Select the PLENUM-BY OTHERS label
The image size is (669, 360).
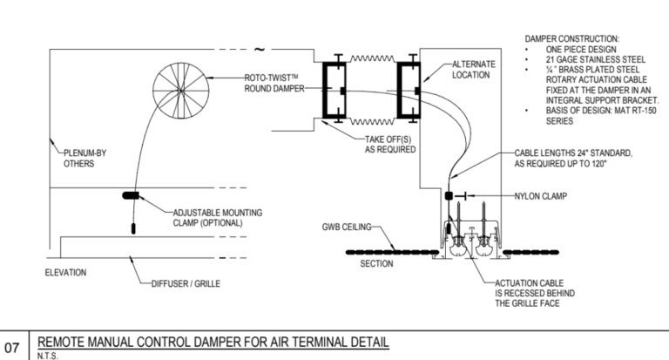coord(79,160)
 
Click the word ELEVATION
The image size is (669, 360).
coord(64,273)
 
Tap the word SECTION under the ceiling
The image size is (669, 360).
coord(377,263)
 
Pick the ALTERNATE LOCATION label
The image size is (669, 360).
coord(474,70)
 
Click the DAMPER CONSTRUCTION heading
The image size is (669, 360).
coord(572,39)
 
